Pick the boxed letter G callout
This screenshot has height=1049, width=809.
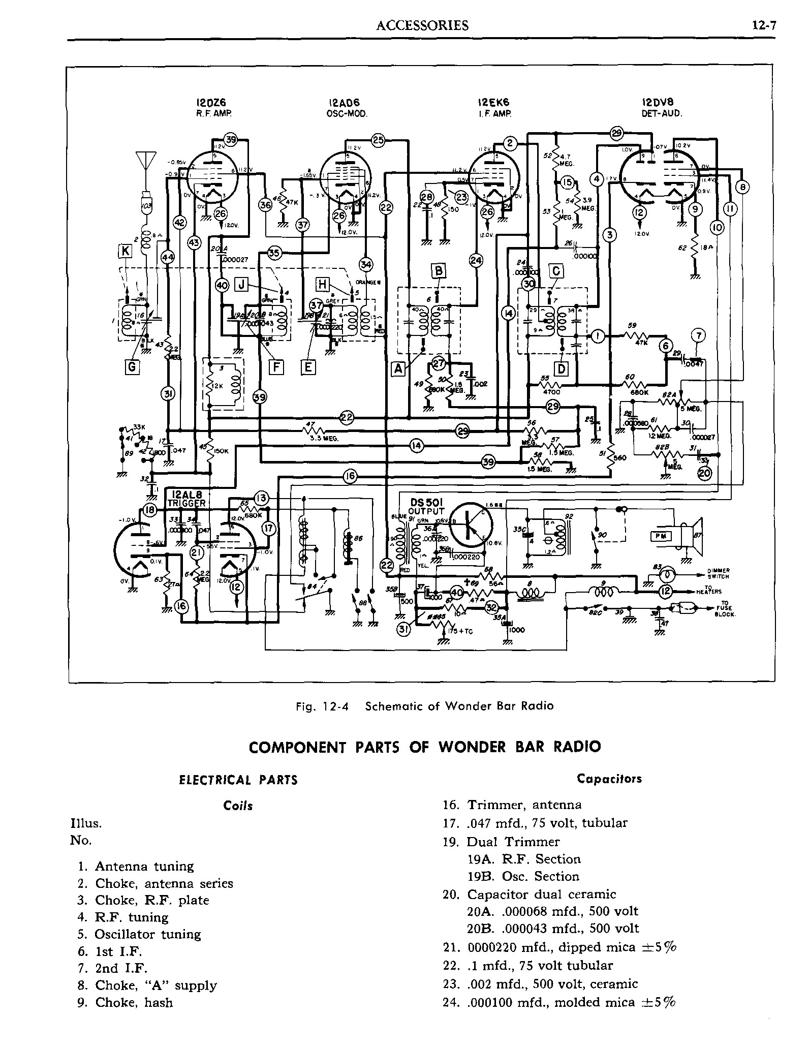(x=132, y=366)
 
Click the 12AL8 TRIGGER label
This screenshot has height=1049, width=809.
(x=188, y=499)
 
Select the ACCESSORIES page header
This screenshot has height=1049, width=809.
(x=422, y=26)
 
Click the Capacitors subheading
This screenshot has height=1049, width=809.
(x=609, y=779)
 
